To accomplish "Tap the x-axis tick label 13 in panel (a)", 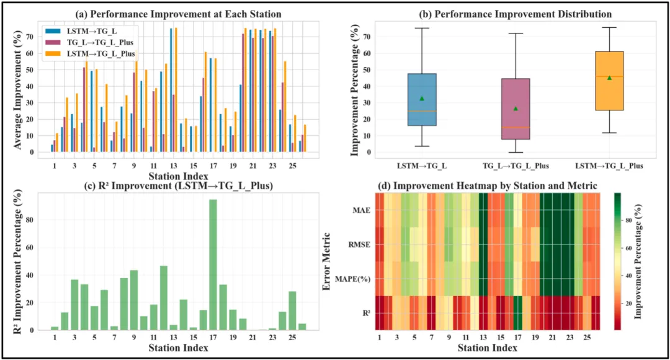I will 174,168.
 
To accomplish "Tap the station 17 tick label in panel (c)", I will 213,339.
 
